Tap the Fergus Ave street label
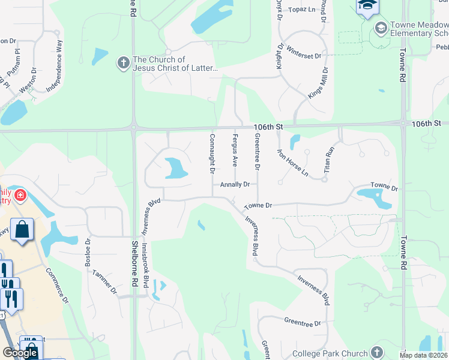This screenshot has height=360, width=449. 235,150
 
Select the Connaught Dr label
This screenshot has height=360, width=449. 212,153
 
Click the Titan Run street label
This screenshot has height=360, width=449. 328,160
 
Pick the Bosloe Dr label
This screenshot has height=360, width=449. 88,253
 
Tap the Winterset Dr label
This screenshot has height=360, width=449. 304,53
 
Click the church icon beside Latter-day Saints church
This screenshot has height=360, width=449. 123,63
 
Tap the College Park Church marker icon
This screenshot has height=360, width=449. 376,352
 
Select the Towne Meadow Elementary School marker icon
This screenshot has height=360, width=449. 381,28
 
